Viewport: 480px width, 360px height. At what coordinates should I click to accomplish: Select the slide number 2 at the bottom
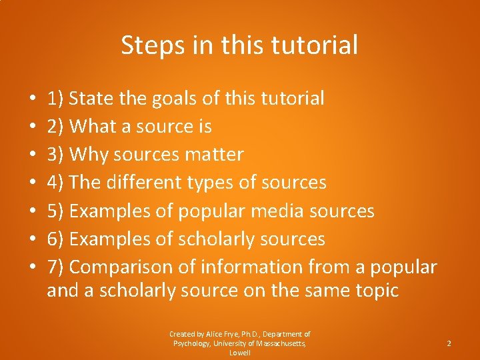tap(449, 343)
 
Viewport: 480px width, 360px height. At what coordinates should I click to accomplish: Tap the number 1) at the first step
tap(55, 99)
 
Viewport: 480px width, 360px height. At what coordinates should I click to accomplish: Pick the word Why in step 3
tap(89, 155)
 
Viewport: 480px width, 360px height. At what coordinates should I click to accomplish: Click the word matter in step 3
tap(213, 155)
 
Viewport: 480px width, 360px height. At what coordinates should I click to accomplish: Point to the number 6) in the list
tap(55, 239)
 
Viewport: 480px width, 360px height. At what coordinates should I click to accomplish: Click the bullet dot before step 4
tap(33, 183)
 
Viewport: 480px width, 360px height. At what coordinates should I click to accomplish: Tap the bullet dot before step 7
tap(33, 267)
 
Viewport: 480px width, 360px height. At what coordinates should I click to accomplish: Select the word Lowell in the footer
tap(239, 353)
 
